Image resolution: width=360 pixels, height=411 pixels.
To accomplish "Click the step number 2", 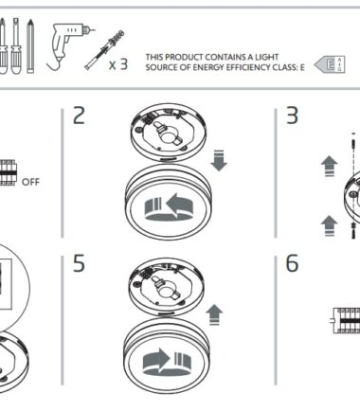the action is pos(79,116).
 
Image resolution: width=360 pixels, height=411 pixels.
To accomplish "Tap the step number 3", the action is pos(292,116).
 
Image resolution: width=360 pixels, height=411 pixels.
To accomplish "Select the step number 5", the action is pos(79,263).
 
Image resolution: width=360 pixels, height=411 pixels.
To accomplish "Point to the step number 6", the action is pos(292,263).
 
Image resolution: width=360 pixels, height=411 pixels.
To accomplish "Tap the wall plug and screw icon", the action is pos(104,49).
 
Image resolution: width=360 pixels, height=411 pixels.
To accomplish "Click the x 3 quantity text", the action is pos(118,64).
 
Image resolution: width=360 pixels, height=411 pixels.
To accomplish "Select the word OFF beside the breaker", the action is pos(30,182).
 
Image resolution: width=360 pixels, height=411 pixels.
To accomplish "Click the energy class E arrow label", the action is pos(330,64).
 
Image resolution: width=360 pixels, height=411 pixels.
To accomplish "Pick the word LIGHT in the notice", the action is pos(266,57).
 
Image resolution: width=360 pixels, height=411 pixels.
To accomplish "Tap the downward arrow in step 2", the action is pos(219,161).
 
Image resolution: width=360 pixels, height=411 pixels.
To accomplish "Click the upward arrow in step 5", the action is pos(214,314).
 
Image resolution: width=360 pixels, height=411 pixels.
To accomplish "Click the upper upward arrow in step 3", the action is pos(330,166).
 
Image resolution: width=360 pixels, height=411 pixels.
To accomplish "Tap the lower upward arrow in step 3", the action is pos(329,225).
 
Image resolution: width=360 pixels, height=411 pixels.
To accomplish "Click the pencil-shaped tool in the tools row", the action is pos(30,46).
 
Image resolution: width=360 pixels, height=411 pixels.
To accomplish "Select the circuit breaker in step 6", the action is pos(347,320).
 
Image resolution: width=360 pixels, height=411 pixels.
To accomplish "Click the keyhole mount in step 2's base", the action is pos(167,134).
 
